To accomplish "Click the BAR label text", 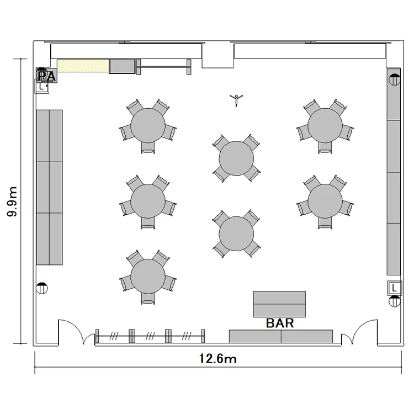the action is click(280, 323).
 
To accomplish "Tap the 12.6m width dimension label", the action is click(217, 359).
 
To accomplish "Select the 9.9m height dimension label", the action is click(12, 201).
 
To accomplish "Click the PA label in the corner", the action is click(47, 76).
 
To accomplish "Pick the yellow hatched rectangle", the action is click(83, 66).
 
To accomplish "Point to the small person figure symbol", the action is click(236, 100).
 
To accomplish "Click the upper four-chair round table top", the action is click(236, 158).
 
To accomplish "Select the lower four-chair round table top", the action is click(236, 233).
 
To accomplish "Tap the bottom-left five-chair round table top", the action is click(148, 277).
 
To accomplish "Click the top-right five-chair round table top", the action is click(325, 125).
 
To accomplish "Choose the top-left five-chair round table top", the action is click(148, 125).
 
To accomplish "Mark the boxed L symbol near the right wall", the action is click(395, 288).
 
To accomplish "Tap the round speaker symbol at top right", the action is click(395, 79).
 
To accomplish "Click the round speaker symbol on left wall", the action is click(42, 288).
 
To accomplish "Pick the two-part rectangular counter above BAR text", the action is click(279, 304).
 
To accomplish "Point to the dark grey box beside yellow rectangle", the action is click(122, 66).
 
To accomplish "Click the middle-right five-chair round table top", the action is click(325, 201).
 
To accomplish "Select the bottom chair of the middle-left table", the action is click(148, 223).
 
